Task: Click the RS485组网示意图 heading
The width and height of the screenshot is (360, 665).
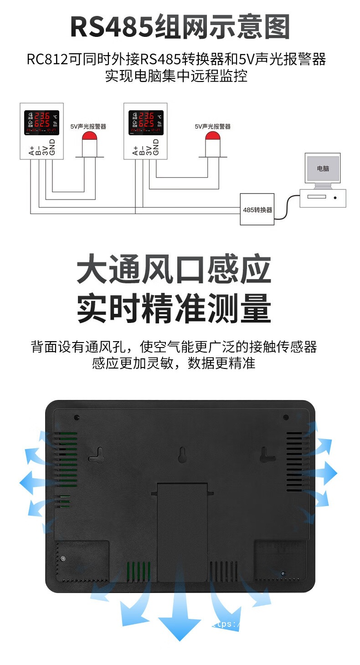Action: [180, 27]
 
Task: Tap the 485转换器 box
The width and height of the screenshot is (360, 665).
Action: [257, 209]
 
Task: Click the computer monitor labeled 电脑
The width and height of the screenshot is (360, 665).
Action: [323, 169]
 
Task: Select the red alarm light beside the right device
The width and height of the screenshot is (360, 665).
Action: [212, 137]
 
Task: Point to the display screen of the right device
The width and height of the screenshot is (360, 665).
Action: [146, 123]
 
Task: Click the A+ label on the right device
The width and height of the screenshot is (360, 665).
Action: [135, 151]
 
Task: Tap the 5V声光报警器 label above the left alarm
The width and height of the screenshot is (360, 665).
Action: [88, 126]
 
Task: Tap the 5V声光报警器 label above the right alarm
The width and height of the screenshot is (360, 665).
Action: [212, 126]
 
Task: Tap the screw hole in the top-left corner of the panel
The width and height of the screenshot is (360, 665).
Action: [77, 417]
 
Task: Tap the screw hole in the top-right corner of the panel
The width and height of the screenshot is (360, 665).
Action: [286, 417]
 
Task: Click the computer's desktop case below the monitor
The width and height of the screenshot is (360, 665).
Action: [322, 198]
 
